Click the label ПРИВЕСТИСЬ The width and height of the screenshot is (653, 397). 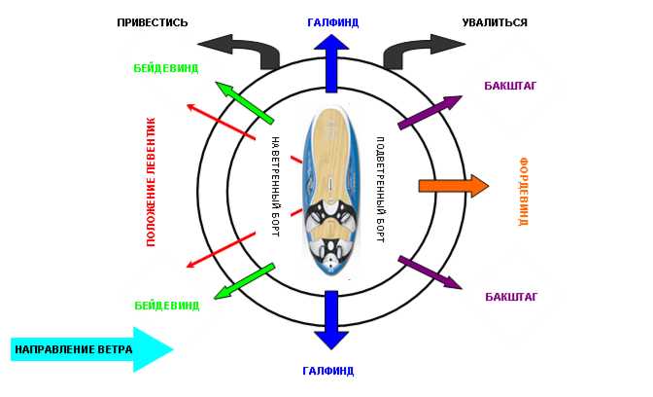(x=153, y=22)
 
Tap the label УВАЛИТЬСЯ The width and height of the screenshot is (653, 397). (x=495, y=22)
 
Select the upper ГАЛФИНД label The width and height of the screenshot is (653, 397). (x=332, y=22)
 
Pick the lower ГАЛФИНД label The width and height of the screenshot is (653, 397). (x=328, y=371)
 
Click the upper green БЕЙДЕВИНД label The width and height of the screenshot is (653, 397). (x=166, y=68)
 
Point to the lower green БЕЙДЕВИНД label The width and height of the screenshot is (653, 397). (x=167, y=306)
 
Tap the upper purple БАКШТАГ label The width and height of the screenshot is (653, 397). (x=510, y=86)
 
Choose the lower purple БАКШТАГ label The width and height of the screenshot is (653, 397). (x=511, y=297)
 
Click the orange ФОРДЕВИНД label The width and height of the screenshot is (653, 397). (x=523, y=192)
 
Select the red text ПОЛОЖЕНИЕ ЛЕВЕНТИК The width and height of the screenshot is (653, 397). (x=151, y=182)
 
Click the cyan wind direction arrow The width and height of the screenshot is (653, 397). (x=91, y=349)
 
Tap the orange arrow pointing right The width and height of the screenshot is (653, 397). (x=454, y=186)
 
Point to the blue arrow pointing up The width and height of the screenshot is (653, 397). (x=331, y=63)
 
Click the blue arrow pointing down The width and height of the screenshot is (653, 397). (x=331, y=320)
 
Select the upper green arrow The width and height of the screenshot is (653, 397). (x=245, y=102)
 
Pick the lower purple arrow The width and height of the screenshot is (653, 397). (x=430, y=272)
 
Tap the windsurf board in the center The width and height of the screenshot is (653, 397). (x=331, y=192)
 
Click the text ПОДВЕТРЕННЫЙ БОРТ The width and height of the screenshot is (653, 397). (x=380, y=190)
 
